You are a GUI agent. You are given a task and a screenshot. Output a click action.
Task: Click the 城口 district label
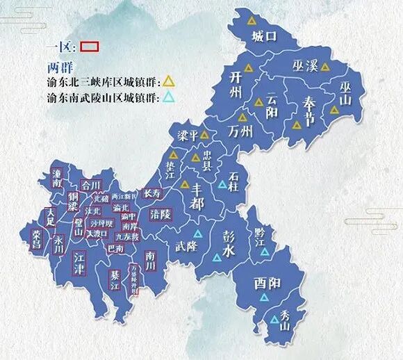tap(265, 35)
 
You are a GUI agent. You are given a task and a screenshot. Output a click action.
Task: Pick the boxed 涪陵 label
tap(161, 215)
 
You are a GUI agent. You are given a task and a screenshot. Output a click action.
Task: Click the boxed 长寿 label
tap(151, 193)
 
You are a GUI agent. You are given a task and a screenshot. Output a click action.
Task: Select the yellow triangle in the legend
tap(169, 81)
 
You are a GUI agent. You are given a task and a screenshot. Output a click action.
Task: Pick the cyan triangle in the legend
tap(169, 97)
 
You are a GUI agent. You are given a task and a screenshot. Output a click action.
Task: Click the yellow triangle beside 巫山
tap(335, 110)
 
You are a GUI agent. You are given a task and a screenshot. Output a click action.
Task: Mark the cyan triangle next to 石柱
tap(222, 184)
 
